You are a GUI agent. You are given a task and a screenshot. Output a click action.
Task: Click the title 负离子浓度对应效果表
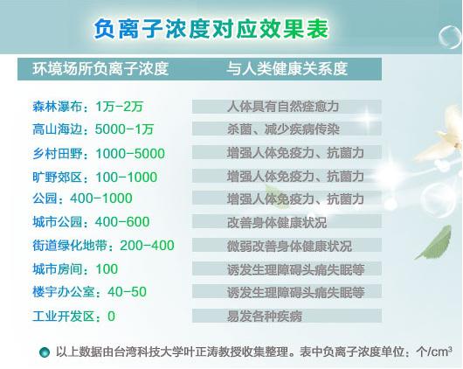point(211,29)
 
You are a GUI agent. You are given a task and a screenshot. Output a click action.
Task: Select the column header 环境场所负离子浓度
point(100,69)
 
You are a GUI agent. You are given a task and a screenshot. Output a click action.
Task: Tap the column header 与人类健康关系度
point(287,69)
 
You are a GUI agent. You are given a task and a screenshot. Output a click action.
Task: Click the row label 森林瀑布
point(57,107)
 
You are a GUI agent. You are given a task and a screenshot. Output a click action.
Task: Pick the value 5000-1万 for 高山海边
point(124,129)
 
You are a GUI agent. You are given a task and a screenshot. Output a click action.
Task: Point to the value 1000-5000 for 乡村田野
point(130,153)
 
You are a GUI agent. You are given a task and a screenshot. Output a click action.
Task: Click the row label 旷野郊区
point(57,178)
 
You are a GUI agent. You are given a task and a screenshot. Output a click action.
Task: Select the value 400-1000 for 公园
point(101,198)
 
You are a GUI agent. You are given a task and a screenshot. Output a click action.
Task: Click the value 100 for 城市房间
point(107,269)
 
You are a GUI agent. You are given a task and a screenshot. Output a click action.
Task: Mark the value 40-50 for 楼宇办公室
point(127,292)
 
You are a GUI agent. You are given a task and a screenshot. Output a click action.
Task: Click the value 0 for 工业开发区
point(111,316)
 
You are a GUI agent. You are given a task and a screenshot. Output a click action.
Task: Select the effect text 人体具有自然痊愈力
point(283,107)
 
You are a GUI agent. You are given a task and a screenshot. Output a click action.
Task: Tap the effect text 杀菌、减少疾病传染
point(283,129)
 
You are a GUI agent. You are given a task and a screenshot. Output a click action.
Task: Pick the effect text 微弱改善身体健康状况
point(289,246)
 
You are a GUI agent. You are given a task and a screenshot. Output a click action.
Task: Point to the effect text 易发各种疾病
point(265,316)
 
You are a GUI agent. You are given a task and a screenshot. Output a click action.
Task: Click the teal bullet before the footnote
point(45,352)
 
